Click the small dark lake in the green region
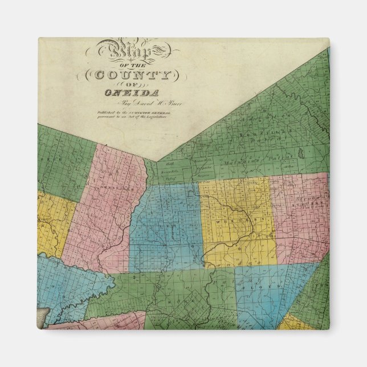tap(299, 154)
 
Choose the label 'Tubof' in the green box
tap(168, 178)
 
